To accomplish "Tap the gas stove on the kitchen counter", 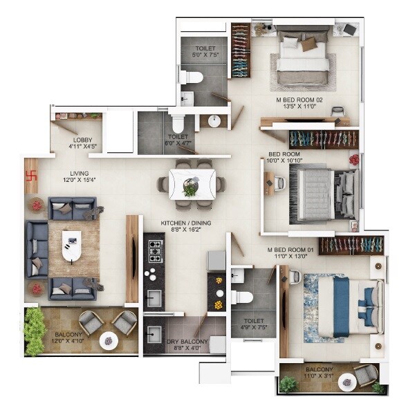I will click(x=154, y=251).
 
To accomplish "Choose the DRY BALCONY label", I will click(x=184, y=342).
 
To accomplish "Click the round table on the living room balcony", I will click(x=109, y=340).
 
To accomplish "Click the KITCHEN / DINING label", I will click(x=186, y=223).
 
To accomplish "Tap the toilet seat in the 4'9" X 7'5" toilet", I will click(x=242, y=298).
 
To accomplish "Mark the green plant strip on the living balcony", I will click(x=34, y=330).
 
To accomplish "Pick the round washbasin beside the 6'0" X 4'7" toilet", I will click(x=214, y=122).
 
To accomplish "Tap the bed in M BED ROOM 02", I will click(x=303, y=60).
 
